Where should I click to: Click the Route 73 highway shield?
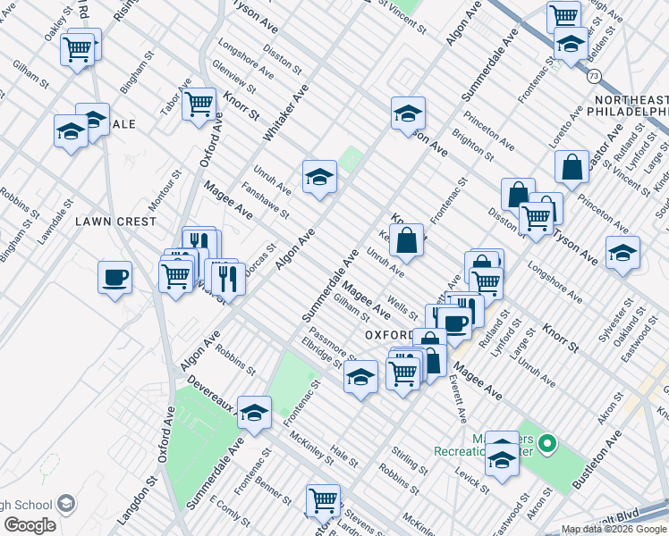click(595, 74)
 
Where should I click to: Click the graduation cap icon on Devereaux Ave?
click(254, 413)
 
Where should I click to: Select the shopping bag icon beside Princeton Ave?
click(572, 166)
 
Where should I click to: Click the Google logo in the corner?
click(30, 525)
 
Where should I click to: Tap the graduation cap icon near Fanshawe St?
click(319, 178)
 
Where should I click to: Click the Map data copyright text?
click(614, 529)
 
